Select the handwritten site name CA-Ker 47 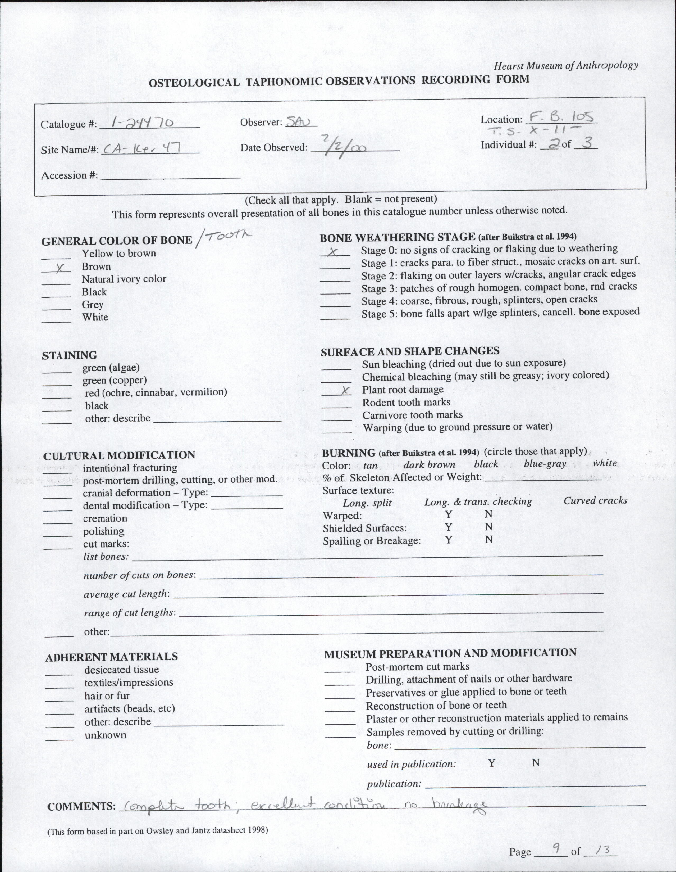[x=142, y=149]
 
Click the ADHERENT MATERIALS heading [x=111, y=657]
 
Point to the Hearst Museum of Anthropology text [x=566, y=65]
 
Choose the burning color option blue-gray [x=545, y=464]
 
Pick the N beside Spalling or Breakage [x=488, y=540]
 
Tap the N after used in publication [x=536, y=763]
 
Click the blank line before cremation [x=58, y=522]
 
